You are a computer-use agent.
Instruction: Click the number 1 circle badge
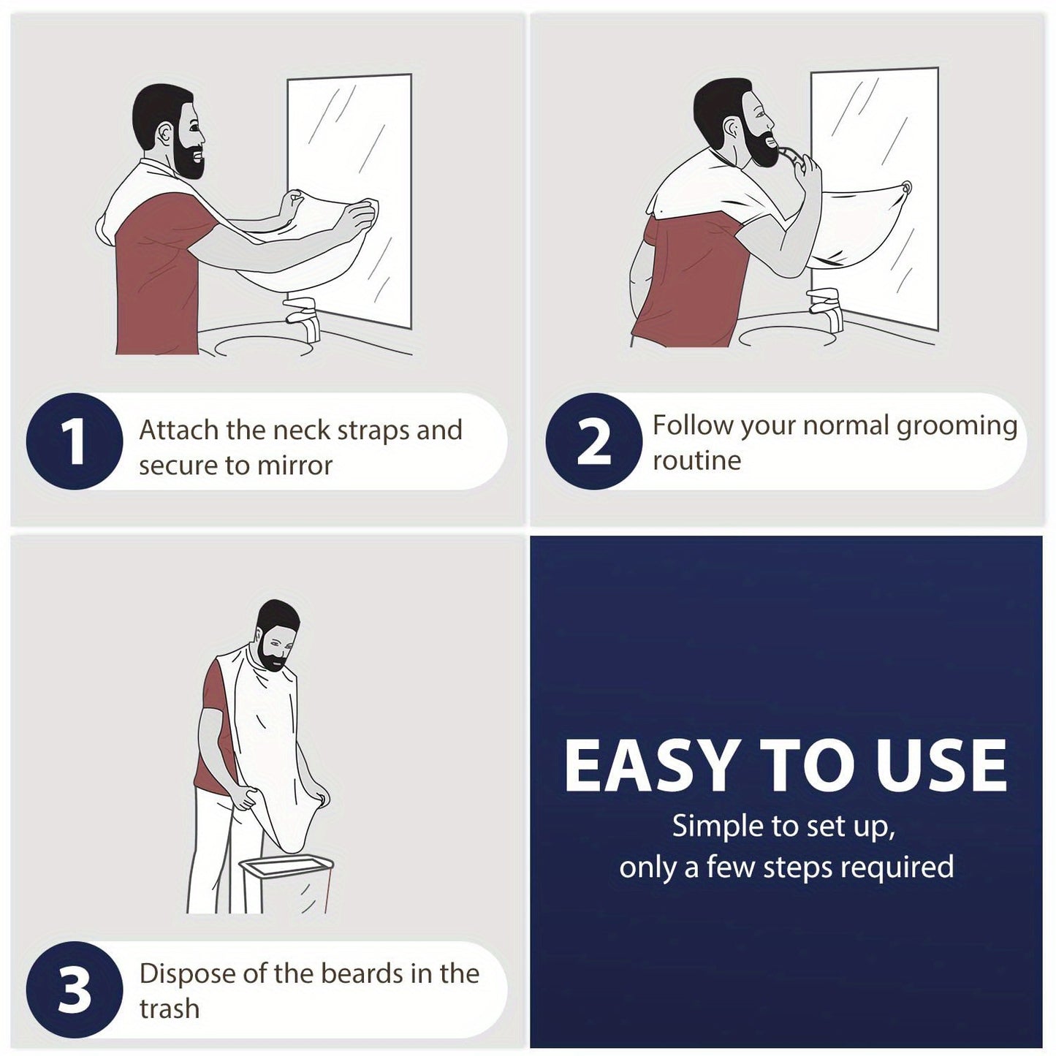coord(74,441)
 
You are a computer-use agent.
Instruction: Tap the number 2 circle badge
coord(593,441)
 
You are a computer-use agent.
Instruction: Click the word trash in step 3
coord(169,1008)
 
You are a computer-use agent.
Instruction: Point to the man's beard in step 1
coord(189,161)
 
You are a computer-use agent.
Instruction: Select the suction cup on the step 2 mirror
coord(907,189)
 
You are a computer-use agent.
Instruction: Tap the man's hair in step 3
coord(278,616)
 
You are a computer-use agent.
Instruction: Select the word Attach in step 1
coord(179,430)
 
